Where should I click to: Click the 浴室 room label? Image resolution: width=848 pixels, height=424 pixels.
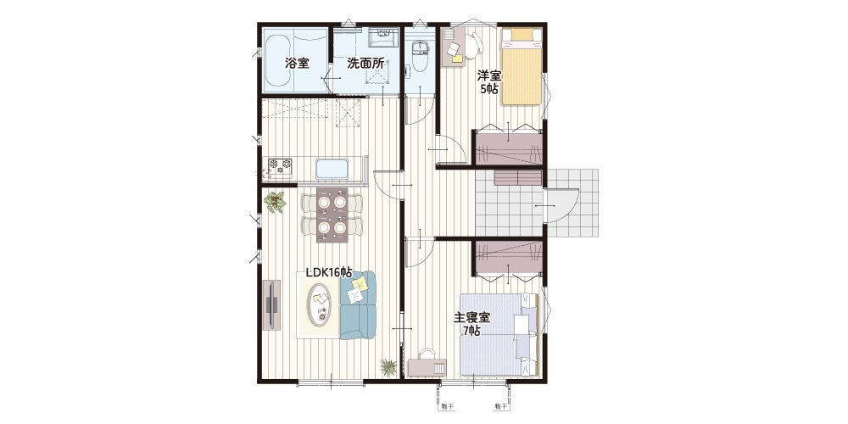pos(297,64)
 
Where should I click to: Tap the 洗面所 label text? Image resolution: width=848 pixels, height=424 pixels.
pos(365,64)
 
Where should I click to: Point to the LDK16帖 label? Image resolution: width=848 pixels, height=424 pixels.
pos(329,272)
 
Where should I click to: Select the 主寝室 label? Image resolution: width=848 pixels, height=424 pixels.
pos(471,317)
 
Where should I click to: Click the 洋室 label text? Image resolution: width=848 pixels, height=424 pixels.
pos(488,76)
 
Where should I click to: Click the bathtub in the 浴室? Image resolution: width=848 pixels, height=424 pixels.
pos(278,64)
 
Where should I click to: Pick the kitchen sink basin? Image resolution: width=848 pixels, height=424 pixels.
pos(332,170)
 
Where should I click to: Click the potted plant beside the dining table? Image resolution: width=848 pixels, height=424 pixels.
pos(276,203)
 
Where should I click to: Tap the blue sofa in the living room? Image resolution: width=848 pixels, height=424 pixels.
pos(358,304)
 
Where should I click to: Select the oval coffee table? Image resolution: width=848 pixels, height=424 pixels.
pos(320,304)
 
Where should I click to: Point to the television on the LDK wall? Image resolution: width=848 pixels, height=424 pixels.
pos(272,304)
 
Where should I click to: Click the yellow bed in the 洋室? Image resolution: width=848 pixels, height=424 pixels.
pos(522,66)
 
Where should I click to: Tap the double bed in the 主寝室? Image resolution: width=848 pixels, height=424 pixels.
pos(499,334)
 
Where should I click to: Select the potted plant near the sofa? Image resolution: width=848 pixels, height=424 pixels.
pos(388,367)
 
